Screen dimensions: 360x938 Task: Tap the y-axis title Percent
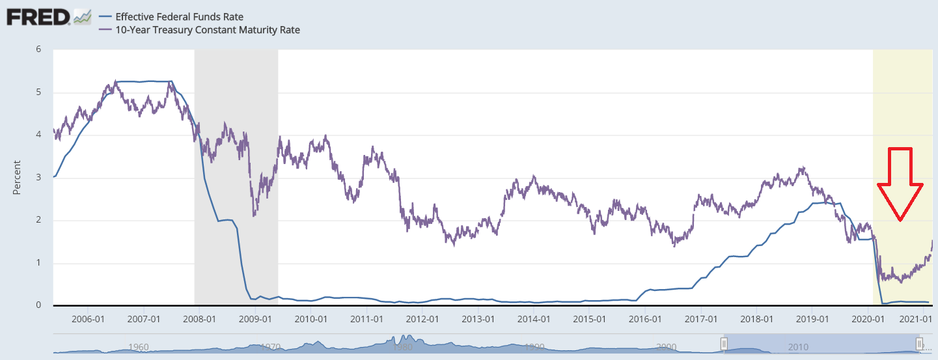point(18,178)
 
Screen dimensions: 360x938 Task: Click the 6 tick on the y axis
point(38,49)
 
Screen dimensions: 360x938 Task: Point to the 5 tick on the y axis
point(38,92)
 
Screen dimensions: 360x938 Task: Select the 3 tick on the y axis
point(38,178)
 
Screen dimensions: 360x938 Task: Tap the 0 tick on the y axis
point(38,305)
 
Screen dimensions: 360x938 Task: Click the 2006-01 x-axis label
point(87,320)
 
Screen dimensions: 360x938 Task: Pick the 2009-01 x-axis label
point(255,320)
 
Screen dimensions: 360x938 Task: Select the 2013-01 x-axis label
point(479,320)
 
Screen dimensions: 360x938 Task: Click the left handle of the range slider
point(723,343)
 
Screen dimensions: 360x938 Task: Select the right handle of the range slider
point(920,343)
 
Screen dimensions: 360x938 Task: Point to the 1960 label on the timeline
point(139,347)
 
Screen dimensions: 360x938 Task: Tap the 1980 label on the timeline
point(402,347)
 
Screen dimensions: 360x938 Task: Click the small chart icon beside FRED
point(82,17)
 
